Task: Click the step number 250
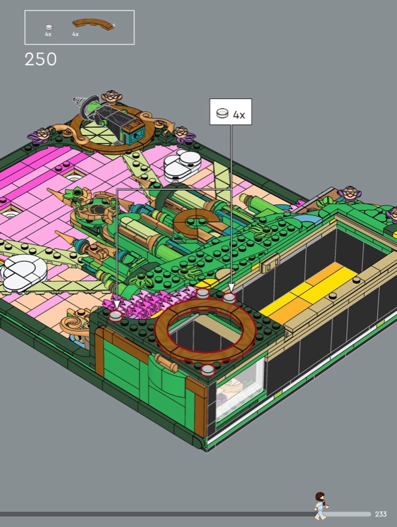[x=41, y=59]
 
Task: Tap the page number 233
[x=381, y=514]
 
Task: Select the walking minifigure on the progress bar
[x=321, y=506]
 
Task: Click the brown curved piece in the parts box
[x=93, y=24]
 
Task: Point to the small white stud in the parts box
[x=49, y=27]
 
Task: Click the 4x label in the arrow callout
[x=239, y=115]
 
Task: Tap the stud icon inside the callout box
[x=222, y=113]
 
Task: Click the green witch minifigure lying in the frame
[x=111, y=116]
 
